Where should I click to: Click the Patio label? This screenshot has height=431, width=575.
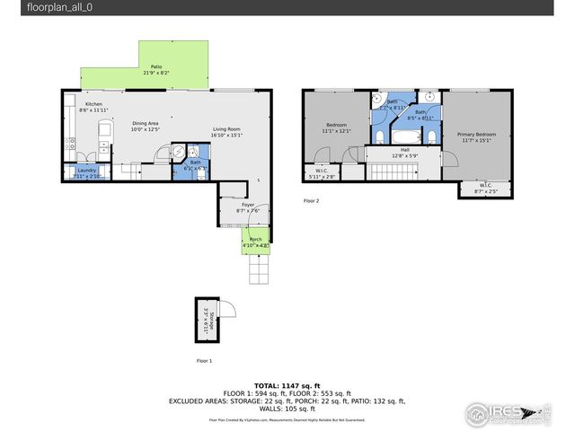tap(156, 67)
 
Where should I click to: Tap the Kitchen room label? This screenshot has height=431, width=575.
tap(93, 105)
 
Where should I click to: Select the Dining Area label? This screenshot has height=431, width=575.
tap(145, 123)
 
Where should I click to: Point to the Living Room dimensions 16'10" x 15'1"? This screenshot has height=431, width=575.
tap(227, 136)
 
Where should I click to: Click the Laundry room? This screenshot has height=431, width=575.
tap(86, 172)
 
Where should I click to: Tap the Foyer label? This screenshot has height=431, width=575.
tap(247, 206)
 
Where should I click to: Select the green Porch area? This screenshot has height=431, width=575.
tap(255, 242)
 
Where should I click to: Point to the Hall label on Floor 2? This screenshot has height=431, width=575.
tap(404, 150)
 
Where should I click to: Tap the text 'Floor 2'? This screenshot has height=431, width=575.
tap(311, 201)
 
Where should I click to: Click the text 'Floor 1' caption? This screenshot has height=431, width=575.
tap(204, 360)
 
